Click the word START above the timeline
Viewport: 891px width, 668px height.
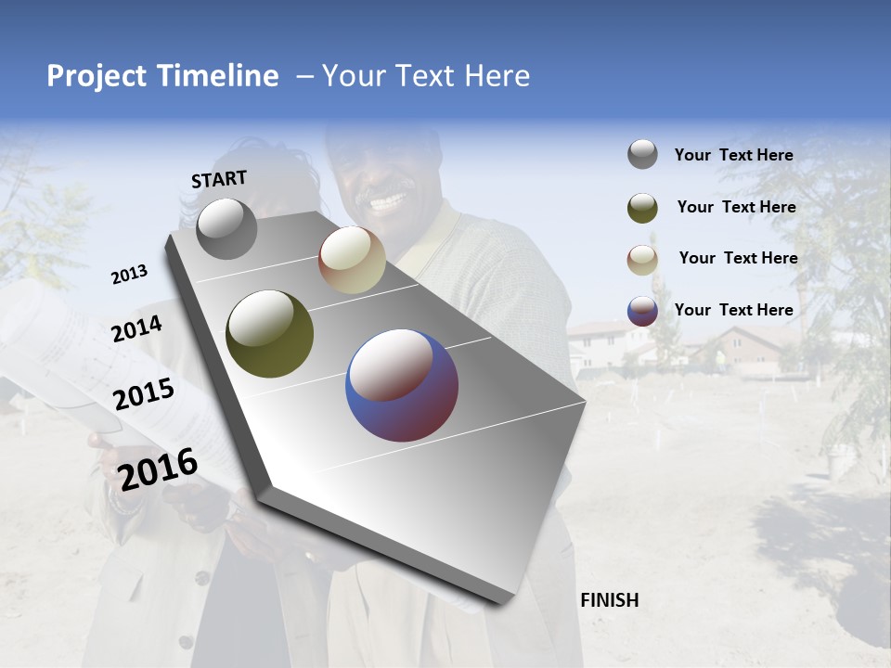point(219,179)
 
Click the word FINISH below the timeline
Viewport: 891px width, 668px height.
point(609,600)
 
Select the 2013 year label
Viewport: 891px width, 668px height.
point(129,275)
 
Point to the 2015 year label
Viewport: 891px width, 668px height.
point(143,394)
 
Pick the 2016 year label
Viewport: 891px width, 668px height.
point(158,469)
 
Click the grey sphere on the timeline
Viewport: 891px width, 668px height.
point(226,229)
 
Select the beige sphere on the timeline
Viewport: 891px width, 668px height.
point(352,261)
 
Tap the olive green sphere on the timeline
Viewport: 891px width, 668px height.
point(269,334)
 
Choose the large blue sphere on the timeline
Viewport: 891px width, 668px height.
point(402,384)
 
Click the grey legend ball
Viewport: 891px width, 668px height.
point(642,155)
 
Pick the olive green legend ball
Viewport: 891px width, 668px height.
point(642,208)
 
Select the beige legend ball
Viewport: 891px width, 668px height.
point(642,259)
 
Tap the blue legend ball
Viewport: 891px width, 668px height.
point(642,311)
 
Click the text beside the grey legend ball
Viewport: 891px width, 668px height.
point(733,156)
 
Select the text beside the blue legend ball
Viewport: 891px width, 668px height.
point(733,310)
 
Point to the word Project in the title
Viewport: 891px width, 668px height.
point(97,76)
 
